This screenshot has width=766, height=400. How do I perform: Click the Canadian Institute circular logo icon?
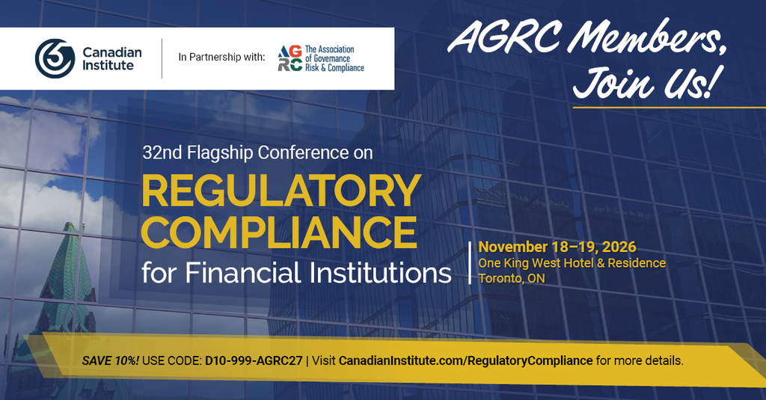click(x=55, y=58)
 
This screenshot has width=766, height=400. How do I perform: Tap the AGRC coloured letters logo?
click(x=289, y=58)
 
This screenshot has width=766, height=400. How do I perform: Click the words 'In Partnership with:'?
click(x=221, y=57)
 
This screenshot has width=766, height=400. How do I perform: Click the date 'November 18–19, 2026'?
click(x=557, y=247)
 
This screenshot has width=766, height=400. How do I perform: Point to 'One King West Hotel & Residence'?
click(x=572, y=262)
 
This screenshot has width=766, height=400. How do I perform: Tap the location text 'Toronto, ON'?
click(x=512, y=278)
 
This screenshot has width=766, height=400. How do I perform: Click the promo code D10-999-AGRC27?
click(x=254, y=361)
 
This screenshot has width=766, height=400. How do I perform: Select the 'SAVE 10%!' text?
click(x=111, y=361)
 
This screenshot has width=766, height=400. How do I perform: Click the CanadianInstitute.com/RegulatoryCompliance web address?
click(x=465, y=361)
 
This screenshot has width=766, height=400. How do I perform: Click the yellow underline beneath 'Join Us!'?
click(x=669, y=107)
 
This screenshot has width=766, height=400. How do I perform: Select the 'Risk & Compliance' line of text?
click(x=334, y=68)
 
